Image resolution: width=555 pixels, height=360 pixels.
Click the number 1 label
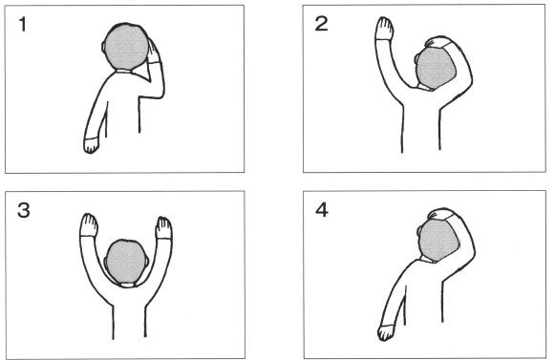point(23,25)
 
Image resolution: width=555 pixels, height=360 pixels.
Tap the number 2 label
point(321,24)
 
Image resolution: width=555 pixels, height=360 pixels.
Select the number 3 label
point(23,210)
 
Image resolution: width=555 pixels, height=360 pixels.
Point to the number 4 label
point(322,210)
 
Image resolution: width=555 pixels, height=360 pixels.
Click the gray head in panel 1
point(126,47)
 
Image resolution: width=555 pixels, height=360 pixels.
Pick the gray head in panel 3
point(126,262)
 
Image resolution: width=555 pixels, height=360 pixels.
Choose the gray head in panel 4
point(438,240)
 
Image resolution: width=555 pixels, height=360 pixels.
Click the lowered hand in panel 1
point(92,145)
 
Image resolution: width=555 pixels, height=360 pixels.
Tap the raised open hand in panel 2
point(384,29)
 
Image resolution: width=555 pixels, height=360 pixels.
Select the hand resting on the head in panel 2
point(438,42)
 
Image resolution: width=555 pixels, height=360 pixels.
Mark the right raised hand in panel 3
point(164,228)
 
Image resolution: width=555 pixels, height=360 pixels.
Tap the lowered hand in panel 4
point(386,332)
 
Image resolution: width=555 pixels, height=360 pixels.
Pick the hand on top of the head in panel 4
point(441,214)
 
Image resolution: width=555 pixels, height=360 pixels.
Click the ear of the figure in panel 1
point(104,47)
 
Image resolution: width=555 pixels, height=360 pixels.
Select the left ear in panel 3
point(105,263)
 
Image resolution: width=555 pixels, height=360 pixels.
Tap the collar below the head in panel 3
point(127,285)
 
